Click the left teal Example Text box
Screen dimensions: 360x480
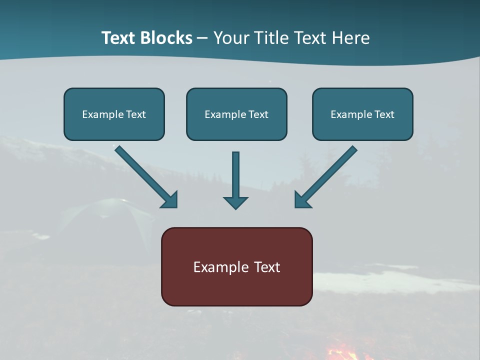[114, 114]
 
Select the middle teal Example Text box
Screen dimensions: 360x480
[236, 114]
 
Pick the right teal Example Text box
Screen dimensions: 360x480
[362, 114]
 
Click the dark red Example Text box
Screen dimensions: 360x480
[236, 266]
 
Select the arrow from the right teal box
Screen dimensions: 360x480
[325, 177]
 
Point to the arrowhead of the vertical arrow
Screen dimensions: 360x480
[235, 202]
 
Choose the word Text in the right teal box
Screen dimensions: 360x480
[384, 114]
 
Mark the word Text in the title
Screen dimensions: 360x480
[119, 38]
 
